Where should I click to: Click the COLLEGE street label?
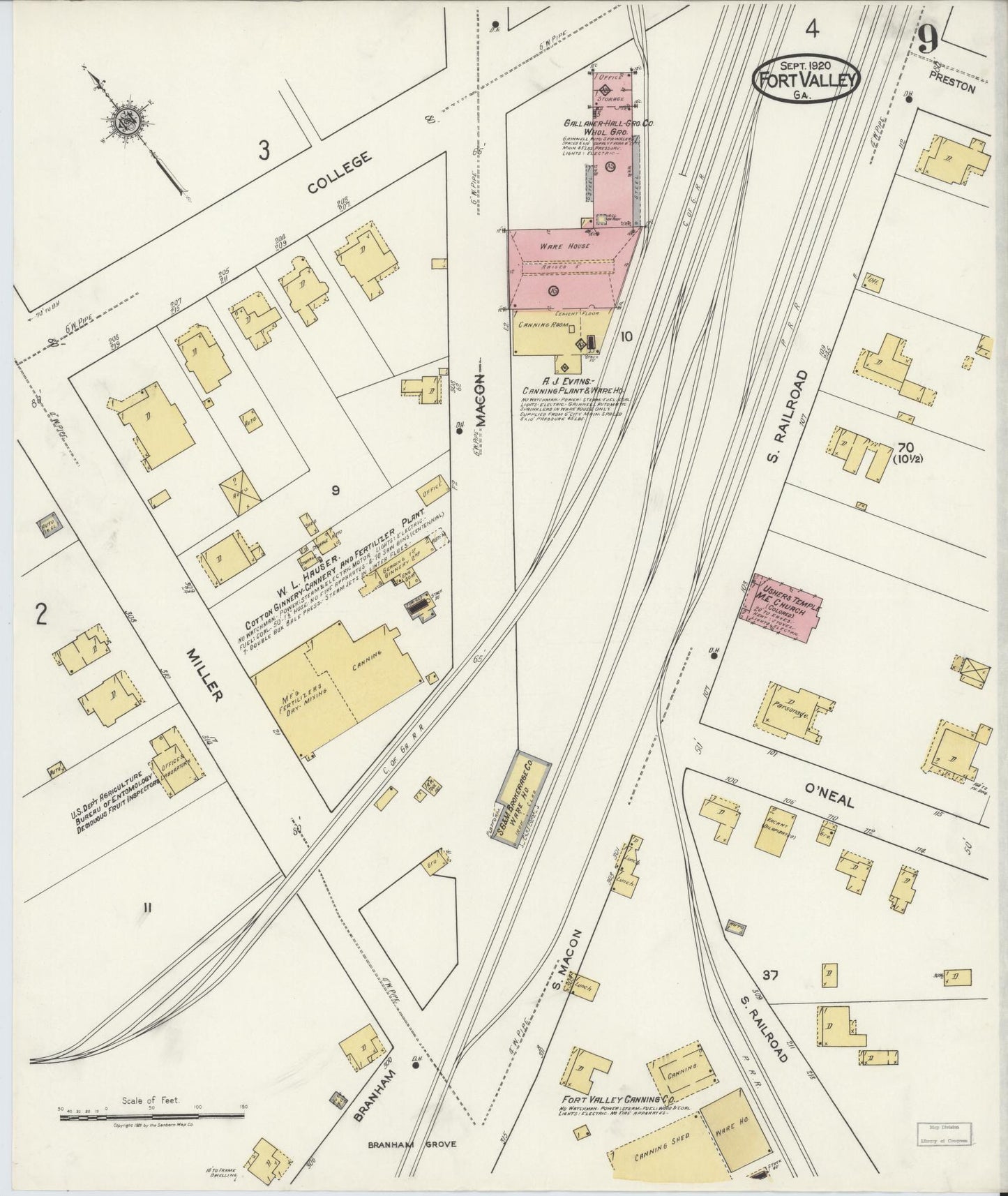(x=339, y=172)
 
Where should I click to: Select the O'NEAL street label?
(x=829, y=795)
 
